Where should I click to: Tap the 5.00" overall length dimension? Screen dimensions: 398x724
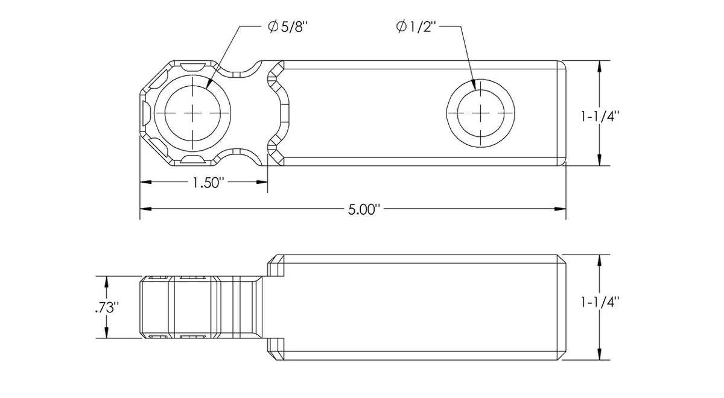tap(364, 210)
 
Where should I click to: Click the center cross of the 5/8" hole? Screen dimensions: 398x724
tap(192, 113)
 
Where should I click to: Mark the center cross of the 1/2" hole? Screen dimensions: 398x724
tap(480, 113)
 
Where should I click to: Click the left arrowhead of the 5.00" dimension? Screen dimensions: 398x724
tap(144, 209)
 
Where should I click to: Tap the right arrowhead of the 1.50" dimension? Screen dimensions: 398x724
tap(264, 182)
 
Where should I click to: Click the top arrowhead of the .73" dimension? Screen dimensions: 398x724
tap(107, 280)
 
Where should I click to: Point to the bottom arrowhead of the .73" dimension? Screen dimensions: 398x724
tap(107, 334)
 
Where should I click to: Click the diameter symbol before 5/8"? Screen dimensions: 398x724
tap(273, 27)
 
